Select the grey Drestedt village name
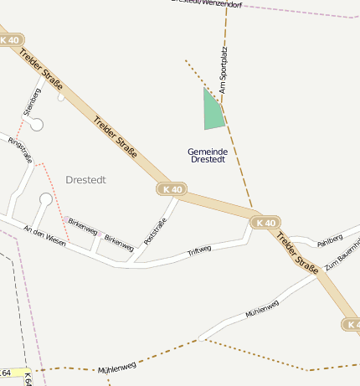pyautogui.click(x=86, y=180)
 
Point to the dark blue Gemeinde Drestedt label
pyautogui.click(x=208, y=155)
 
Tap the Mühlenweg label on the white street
pyautogui.click(x=262, y=309)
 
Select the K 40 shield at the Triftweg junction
pyautogui.click(x=265, y=223)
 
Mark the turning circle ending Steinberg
pyautogui.click(x=36, y=125)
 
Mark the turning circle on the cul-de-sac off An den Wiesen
pyautogui.click(x=44, y=199)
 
